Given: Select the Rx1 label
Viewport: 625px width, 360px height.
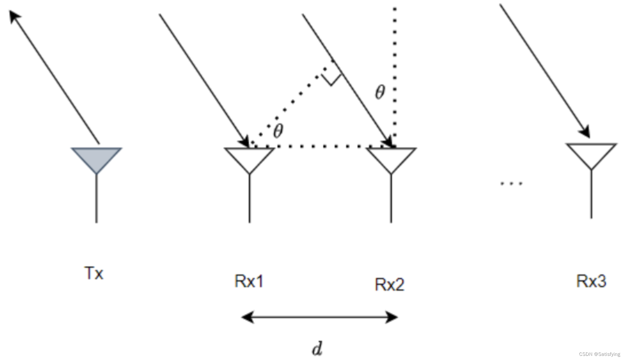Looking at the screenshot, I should click(249, 281).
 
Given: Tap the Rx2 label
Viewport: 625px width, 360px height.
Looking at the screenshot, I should click(390, 285).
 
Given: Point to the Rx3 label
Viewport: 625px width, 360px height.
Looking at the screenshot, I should click(591, 281).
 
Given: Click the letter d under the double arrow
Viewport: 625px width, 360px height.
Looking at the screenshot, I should click(317, 349).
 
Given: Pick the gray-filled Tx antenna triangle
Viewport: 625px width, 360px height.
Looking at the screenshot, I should click(96, 158).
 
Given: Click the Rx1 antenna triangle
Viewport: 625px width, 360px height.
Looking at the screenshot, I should click(249, 158).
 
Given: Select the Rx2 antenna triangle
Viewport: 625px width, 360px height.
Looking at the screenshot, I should click(391, 158).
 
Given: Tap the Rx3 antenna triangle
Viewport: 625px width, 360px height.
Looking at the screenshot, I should click(591, 154).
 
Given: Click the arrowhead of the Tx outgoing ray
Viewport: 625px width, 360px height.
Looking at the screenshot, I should click(14, 16).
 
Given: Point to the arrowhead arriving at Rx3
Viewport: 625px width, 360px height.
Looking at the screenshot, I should click(586, 132).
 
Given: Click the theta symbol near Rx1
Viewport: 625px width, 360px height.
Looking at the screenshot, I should click(278, 131).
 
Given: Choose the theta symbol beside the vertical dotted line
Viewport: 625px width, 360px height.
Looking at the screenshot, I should click(380, 92).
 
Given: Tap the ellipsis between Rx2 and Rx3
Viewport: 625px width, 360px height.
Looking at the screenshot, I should click(511, 183).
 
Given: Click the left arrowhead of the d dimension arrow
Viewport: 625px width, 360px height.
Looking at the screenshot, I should click(248, 317).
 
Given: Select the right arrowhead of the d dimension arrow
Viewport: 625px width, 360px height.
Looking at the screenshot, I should click(392, 317).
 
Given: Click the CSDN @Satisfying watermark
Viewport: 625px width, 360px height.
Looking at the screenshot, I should click(600, 354).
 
